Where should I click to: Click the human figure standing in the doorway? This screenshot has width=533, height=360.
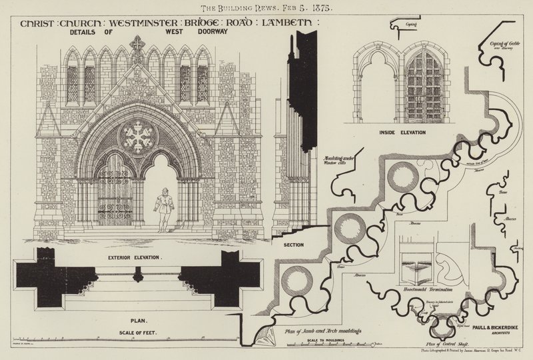[162, 209]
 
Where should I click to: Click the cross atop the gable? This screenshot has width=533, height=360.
[137, 44]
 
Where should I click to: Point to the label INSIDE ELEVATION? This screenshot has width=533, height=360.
[396, 133]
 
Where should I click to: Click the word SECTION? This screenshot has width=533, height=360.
[294, 245]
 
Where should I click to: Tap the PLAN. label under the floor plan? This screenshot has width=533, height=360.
[139, 319]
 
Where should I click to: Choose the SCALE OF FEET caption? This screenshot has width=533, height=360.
[138, 331]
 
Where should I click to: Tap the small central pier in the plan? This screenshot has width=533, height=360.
[138, 274]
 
